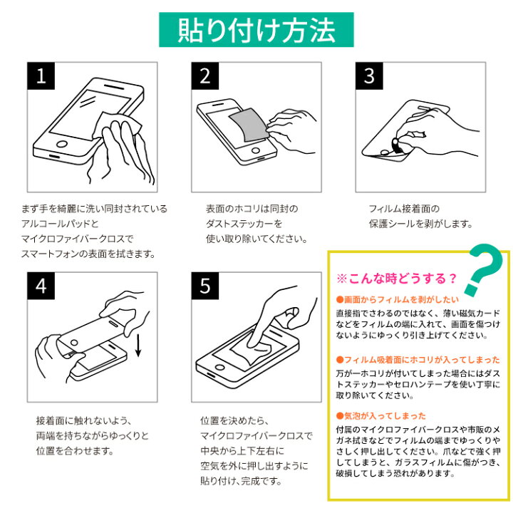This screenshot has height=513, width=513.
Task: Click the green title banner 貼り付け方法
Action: point(256,30)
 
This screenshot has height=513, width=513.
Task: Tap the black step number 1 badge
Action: point(41,76)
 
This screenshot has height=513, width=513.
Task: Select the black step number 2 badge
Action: point(205,76)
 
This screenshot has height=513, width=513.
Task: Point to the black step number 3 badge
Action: point(369,76)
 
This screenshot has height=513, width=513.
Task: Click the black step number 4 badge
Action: point(41,286)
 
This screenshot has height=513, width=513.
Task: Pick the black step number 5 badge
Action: point(205,286)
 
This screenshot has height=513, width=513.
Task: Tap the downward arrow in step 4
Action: point(138,345)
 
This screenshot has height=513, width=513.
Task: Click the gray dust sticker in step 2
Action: point(249,125)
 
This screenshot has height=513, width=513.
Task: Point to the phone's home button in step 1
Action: point(61,144)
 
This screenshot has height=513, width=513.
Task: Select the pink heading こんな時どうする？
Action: point(397,279)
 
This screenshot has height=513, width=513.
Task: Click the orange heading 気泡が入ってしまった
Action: point(381,416)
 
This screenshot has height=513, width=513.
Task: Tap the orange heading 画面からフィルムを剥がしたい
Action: point(398,299)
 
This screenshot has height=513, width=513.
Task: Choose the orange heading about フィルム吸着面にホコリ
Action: point(418,360)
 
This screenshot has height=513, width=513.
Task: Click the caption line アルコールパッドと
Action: point(60,224)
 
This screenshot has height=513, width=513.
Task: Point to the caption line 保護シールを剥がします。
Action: point(421,224)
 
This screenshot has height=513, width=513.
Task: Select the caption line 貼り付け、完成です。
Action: point(241,481)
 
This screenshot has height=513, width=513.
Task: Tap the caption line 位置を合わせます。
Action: point(75,451)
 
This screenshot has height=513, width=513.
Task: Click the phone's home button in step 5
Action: point(220,367)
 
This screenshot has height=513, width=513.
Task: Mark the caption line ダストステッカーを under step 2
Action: point(244,224)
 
